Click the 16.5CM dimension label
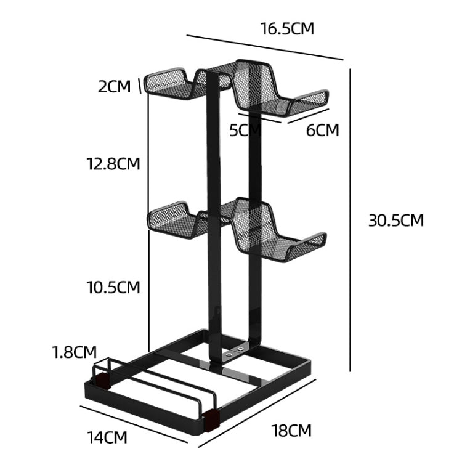[287, 29]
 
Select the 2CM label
[115, 86]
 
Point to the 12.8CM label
[113, 164]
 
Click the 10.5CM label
[113, 287]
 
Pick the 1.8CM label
[74, 352]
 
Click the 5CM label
[246, 130]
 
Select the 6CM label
[322, 130]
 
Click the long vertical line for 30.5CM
[351, 221]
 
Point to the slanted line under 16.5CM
[265, 47]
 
